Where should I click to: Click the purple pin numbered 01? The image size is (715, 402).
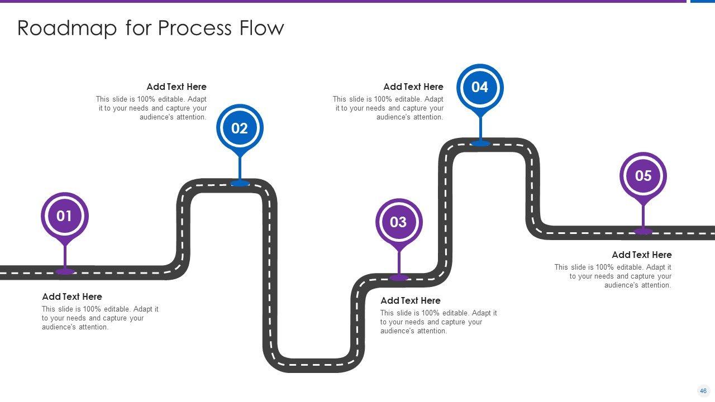point(65,216)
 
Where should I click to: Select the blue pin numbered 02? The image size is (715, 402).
point(240,128)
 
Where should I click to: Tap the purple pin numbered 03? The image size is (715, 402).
point(398,222)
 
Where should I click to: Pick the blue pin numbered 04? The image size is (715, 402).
point(480,87)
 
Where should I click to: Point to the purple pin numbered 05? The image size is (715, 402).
point(643,176)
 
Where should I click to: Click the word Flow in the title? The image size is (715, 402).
point(262,28)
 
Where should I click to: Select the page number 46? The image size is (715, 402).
point(703,391)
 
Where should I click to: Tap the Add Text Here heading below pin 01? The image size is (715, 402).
point(72,296)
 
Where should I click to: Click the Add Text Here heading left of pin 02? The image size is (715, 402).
point(177,87)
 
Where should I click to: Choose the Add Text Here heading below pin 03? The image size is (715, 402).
point(411,300)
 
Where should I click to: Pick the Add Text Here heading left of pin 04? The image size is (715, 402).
point(413,87)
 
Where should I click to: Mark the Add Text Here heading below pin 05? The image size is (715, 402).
point(642,255)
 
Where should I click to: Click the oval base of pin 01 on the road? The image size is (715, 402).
point(65,271)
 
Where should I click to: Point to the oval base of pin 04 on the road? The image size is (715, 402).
point(480,143)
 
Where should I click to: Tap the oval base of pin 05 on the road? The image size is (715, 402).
point(643,231)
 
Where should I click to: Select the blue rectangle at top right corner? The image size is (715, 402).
point(703,2)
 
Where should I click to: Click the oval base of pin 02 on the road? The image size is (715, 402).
point(240,183)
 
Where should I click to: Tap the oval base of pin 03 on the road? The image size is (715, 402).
point(399,277)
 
